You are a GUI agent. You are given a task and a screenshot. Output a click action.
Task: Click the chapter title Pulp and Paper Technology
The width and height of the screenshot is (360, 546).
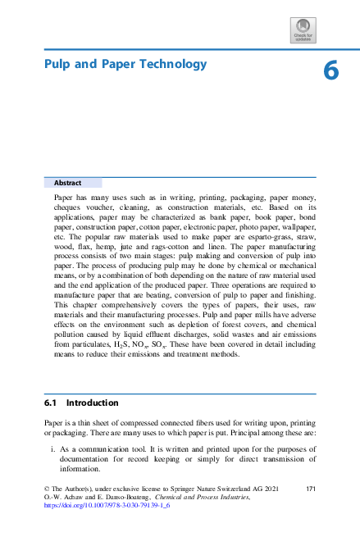[125, 64]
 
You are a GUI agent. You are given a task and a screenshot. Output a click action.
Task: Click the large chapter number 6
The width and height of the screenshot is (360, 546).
[330, 71]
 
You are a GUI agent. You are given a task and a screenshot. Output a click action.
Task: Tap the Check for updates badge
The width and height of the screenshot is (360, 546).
[303, 32]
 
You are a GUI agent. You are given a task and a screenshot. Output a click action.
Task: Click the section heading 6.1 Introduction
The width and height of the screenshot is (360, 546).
[81, 403]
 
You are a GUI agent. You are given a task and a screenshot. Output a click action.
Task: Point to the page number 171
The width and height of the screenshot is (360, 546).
[310, 489]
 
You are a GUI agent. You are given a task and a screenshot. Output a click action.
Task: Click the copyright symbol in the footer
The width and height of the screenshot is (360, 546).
[46, 489]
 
